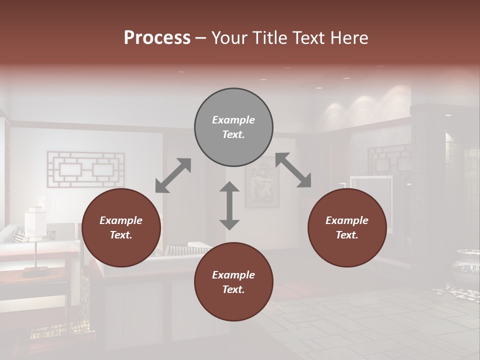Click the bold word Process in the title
pos(157,38)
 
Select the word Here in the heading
pos(348,38)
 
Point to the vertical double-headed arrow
pos(229,205)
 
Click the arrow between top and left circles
pos(173,175)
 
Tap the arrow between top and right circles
pos(293,170)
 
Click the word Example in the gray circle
pos(233,120)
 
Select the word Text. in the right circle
pos(347,235)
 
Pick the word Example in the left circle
pos(121,220)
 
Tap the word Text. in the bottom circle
pos(233,289)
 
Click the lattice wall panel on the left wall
pos(85,170)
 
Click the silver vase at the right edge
pos(468,265)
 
